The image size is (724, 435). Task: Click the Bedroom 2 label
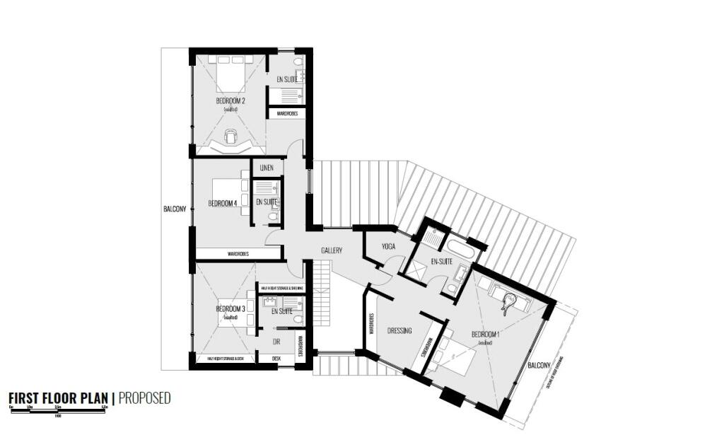(x=230, y=101)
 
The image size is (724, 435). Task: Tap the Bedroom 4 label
(x=222, y=204)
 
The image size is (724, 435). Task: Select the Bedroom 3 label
(x=230, y=309)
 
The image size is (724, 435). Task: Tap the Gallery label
(x=332, y=251)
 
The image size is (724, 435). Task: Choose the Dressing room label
(x=399, y=330)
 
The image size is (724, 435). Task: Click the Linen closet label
(x=267, y=168)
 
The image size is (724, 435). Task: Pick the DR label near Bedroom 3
(x=276, y=342)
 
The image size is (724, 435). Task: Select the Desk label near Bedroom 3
(x=276, y=359)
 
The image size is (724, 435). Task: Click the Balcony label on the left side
(x=175, y=209)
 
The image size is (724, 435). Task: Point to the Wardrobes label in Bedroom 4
(x=237, y=253)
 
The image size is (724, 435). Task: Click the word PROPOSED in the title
(x=144, y=398)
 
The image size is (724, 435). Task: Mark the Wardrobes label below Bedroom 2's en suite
(x=286, y=113)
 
